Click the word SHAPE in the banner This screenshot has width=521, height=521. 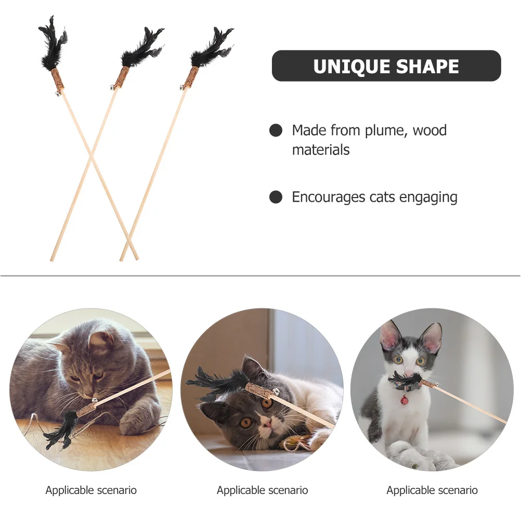[x=429, y=67]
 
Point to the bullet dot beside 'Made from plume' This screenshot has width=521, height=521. [x=276, y=131]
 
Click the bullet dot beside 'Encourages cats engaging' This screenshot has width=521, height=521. [x=276, y=197]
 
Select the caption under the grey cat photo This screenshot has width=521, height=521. [x=91, y=490]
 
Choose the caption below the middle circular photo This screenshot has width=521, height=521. [x=262, y=490]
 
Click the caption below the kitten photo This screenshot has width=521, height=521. [x=432, y=490]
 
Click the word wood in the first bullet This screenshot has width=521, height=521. [x=429, y=130]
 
